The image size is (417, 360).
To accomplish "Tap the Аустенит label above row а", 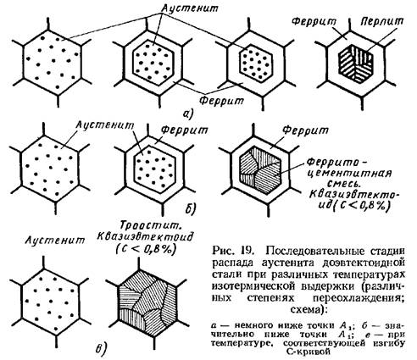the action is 190,8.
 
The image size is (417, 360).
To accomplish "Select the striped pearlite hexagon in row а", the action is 356,64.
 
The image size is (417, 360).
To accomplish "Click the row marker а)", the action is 187,114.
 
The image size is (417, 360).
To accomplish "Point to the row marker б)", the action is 191,208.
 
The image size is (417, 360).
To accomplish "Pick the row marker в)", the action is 100,348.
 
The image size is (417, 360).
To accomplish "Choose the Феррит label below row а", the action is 221,100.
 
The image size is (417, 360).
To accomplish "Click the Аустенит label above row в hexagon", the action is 55,241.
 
